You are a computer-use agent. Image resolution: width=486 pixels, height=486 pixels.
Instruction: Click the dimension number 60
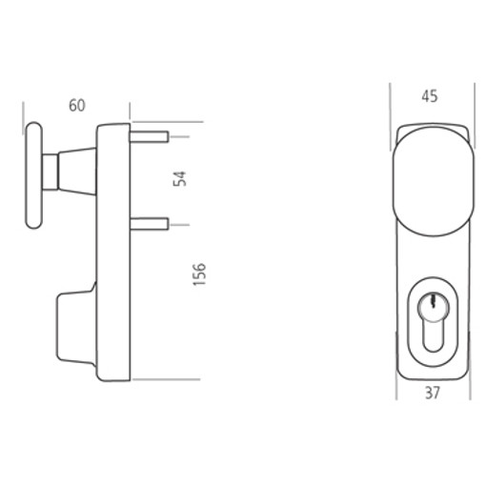[x=77, y=106]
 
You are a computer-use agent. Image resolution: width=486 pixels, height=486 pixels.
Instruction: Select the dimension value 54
[x=180, y=178]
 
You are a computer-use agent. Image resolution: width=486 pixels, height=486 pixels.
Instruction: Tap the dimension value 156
[x=199, y=274]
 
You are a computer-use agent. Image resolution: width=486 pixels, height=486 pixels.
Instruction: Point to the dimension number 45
[x=430, y=96]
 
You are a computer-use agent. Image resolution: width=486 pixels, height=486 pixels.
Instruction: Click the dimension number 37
[x=433, y=393]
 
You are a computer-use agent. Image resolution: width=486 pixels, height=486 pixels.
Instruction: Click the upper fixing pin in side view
[x=149, y=136]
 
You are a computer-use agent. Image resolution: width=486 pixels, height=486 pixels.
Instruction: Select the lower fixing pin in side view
[x=149, y=224]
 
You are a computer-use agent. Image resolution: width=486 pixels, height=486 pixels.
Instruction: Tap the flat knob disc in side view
[x=33, y=175]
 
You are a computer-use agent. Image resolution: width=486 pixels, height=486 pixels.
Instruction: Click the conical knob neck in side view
[x=76, y=172]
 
